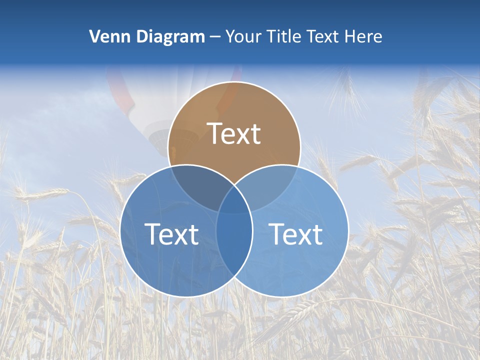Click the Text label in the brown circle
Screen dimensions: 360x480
234,133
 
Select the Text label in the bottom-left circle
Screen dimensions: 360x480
171,234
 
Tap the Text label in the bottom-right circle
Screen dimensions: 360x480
296,234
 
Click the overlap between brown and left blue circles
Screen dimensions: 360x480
197,185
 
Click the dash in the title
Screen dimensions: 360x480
215,37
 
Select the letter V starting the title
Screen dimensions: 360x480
94,36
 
